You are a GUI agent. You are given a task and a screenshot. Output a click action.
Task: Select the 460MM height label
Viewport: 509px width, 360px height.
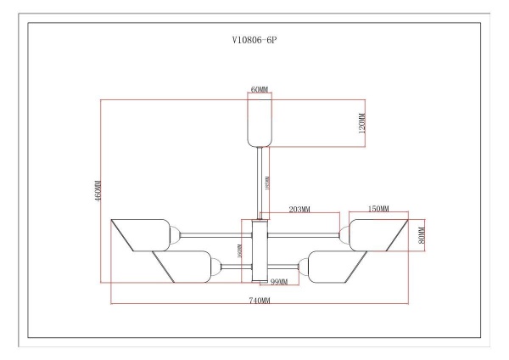(98, 191)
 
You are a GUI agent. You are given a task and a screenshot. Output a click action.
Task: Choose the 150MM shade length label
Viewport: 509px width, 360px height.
(378, 209)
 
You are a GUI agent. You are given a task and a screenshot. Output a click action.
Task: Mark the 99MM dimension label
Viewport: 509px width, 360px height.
(280, 281)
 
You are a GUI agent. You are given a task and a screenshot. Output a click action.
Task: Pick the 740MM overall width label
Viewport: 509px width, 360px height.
(260, 301)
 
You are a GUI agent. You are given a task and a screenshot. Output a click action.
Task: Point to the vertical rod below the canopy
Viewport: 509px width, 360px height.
(260, 183)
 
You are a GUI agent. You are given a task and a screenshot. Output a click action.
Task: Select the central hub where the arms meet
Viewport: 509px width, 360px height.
(260, 250)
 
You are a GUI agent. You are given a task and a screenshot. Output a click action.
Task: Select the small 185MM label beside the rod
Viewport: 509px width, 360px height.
(267, 183)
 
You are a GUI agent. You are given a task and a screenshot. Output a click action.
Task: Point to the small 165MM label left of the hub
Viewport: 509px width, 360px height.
(240, 252)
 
